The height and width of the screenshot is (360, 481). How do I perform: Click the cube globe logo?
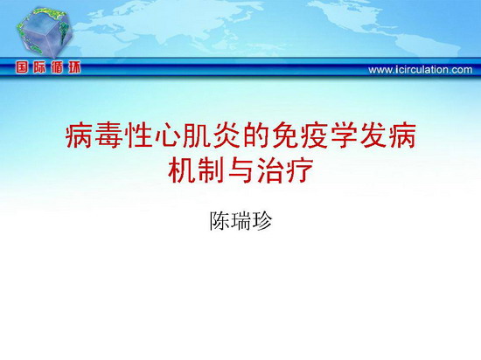tap(45, 32)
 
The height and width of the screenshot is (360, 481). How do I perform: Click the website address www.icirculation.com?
tap(421, 70)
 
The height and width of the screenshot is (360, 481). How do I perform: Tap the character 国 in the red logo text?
tap(22, 67)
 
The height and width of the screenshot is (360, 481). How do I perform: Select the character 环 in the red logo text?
tap(74, 67)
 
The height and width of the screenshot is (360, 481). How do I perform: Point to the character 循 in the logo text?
tap(57, 67)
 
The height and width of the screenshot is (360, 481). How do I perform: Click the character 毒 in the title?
tap(108, 135)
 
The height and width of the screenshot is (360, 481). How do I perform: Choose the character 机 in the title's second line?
tap(182, 170)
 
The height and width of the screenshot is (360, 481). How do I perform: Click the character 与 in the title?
tap(240, 170)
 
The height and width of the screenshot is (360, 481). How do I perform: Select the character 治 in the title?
tap(270, 170)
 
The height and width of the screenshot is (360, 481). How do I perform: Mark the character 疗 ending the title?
tap(300, 170)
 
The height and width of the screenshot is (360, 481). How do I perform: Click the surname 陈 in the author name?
tap(220, 221)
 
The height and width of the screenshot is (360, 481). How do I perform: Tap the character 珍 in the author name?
tap(261, 221)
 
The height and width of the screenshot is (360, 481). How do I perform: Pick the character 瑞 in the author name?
tap(240, 221)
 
